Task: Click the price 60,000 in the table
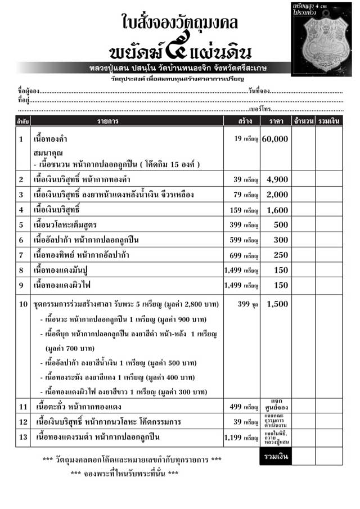coord(274,138)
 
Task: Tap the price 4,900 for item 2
coord(277,179)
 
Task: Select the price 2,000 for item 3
coord(277,195)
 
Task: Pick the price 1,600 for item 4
coord(277,210)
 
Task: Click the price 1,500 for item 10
coord(277,304)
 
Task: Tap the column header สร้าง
coord(241,120)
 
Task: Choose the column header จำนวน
coord(303,120)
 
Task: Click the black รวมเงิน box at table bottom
coord(275,457)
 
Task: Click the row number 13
coord(22,436)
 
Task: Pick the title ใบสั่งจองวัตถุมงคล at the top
coord(180,22)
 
